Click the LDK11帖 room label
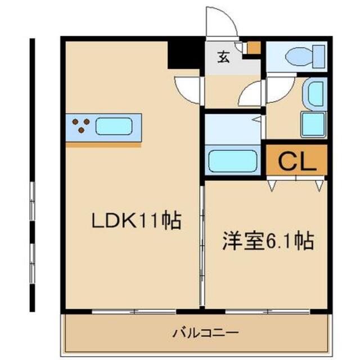click(x=137, y=220)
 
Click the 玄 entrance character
click(x=224, y=56)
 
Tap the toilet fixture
click(x=304, y=57)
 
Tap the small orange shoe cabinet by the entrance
click(x=253, y=48)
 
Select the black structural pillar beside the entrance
click(x=186, y=55)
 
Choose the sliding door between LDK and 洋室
click(x=202, y=242)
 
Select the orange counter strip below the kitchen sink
click(x=103, y=144)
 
